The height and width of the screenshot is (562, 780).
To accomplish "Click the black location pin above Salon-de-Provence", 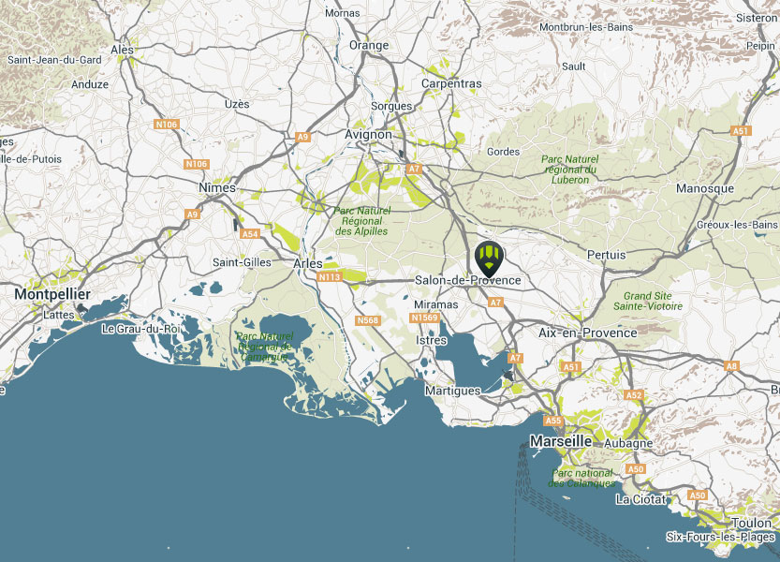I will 489,255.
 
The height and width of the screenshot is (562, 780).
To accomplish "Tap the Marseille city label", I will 560,440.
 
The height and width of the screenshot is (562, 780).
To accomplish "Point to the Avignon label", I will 368,135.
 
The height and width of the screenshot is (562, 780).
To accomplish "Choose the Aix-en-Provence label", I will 588,333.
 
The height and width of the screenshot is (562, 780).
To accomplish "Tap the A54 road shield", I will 249,233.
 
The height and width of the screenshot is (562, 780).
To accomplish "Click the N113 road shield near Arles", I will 330,277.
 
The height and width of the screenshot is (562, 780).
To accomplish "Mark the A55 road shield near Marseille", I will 552,421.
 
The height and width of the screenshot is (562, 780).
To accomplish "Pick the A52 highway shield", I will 634,395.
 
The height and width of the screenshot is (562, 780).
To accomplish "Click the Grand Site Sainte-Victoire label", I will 647,301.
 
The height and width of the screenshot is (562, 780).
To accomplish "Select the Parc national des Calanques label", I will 582,478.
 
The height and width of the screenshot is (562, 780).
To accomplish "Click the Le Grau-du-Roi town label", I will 140,329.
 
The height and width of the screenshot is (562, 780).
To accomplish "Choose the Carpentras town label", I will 451,83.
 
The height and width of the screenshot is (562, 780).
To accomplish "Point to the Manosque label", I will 705,188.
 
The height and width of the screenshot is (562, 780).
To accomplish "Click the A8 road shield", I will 731,366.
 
